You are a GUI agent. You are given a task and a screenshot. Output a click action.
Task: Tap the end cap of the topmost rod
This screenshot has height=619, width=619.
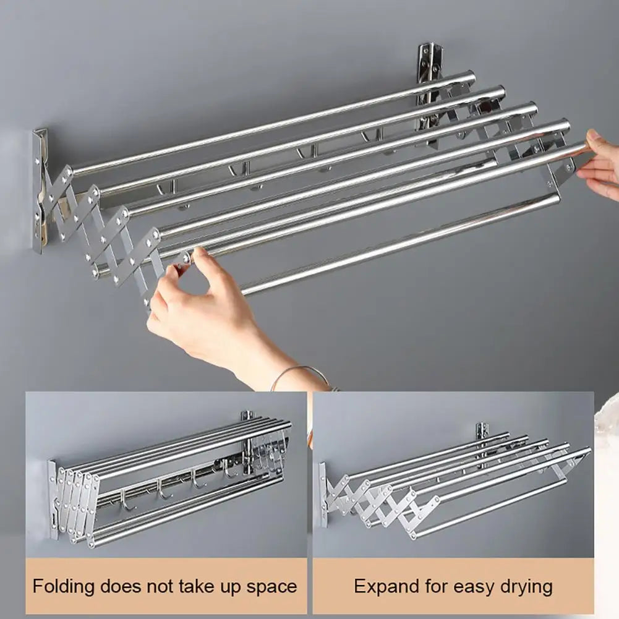[471, 77]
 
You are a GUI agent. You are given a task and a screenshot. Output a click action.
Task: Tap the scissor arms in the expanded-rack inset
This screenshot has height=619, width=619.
[371, 501]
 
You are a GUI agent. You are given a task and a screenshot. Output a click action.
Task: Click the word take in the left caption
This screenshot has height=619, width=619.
[214, 585]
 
